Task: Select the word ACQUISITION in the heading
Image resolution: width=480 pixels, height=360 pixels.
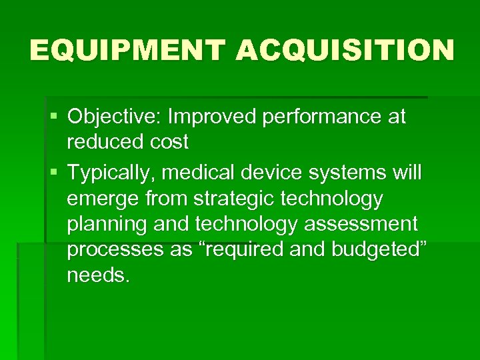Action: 345,50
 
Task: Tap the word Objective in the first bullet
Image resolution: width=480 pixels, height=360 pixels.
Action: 114,117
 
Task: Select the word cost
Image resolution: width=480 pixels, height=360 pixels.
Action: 169,142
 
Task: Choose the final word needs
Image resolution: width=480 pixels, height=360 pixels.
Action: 98,275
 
